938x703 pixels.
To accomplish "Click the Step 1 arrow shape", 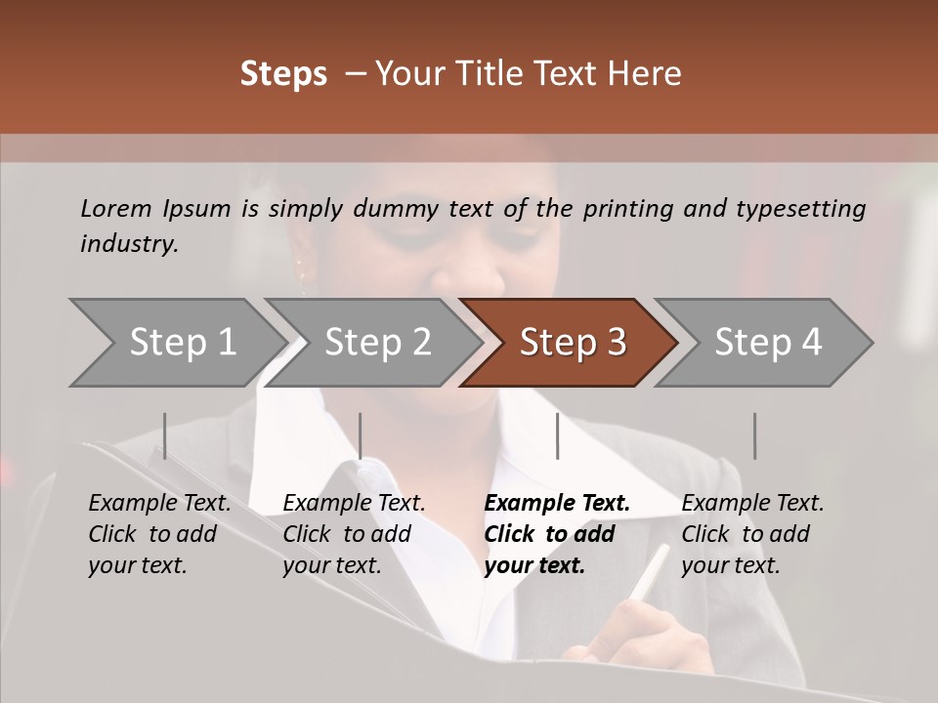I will coord(182,343).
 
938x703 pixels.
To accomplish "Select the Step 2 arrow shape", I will coord(377,343).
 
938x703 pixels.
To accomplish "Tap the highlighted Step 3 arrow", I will coord(573,343).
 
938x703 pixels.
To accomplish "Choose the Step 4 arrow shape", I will coord(768,343).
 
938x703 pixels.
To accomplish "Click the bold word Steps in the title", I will coord(283,74).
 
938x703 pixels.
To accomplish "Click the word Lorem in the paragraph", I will coord(116,208).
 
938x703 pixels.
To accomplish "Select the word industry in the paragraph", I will coord(128,243).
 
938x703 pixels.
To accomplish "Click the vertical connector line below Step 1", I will coord(165,435).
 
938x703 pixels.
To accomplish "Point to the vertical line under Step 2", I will coord(361,435).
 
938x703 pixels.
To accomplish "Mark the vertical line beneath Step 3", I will coord(557,435).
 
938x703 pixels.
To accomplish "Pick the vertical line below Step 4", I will coord(754,435).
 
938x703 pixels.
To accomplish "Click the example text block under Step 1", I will coord(159,534).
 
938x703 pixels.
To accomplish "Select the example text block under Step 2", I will coord(354,534).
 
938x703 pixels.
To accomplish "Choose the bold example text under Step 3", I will coord(557,534).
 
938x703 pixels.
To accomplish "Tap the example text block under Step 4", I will coord(752,534).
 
